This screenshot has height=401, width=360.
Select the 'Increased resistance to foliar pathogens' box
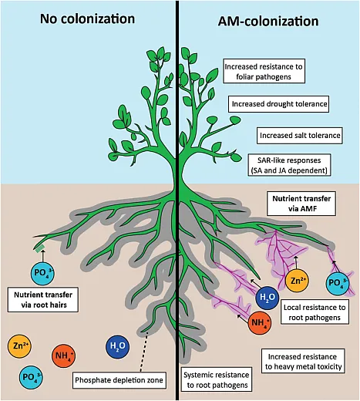point(263,72)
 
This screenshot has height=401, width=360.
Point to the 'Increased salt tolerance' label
point(299,135)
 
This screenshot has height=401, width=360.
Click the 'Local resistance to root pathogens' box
point(314,311)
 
